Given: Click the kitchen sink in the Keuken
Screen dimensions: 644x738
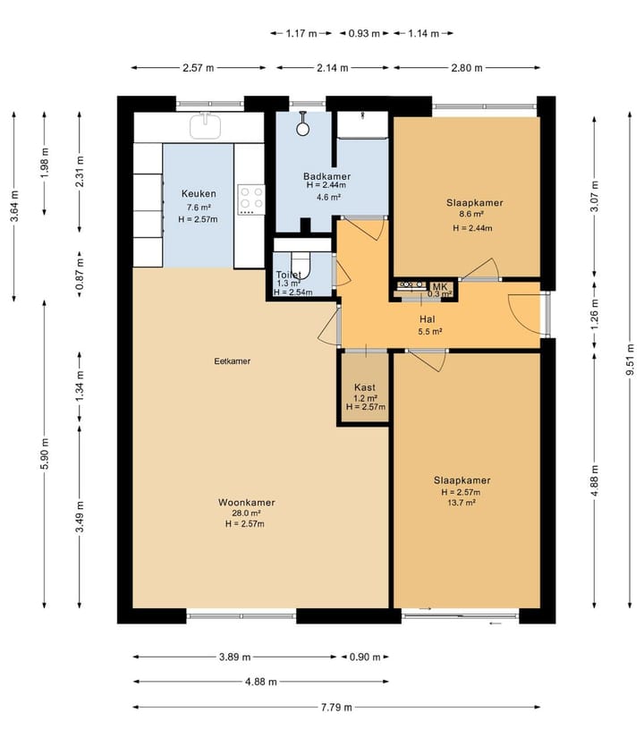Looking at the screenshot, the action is point(205,125).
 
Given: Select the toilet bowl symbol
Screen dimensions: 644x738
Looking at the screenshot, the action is point(301,266).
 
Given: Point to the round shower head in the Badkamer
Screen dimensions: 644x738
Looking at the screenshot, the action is point(302,128).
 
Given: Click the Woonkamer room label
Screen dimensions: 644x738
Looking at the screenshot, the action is point(247,502).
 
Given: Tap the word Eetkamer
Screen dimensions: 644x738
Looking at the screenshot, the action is point(232,361).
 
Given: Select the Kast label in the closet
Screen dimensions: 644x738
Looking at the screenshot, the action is point(365,387).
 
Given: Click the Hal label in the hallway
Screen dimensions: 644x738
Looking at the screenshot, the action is point(428,319).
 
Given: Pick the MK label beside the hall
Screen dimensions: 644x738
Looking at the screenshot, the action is point(440,286).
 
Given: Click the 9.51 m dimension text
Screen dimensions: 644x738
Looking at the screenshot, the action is point(630,361).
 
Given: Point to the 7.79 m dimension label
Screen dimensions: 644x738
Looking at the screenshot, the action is point(336,707).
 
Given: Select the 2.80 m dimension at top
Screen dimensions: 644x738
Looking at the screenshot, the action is point(467,68).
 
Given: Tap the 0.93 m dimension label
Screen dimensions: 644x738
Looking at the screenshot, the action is point(364,33).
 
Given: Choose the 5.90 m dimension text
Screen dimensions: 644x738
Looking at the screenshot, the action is point(44,454).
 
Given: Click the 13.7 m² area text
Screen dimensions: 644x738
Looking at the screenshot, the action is point(462,503).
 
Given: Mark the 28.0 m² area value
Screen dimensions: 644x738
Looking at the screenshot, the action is point(247,513).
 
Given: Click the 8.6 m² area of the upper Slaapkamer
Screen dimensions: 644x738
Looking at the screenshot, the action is point(472,214).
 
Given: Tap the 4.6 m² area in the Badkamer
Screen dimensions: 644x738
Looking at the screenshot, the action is point(328,197).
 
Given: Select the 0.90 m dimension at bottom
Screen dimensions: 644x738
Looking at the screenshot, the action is point(365,657).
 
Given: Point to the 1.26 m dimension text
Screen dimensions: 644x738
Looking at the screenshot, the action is point(594,314).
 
